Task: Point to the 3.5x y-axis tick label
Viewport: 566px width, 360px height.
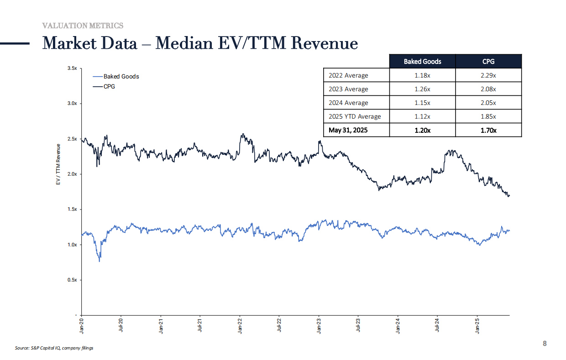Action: click(x=72, y=68)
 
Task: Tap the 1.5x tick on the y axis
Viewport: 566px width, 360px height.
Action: click(x=72, y=209)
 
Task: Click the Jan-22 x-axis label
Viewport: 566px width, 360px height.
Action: click(x=240, y=326)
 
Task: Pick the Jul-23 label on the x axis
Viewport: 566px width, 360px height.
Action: click(x=358, y=325)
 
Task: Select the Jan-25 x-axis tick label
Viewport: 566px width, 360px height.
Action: click(x=477, y=326)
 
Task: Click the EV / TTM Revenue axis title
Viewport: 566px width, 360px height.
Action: click(x=58, y=164)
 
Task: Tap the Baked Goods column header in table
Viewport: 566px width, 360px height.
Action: click(x=422, y=62)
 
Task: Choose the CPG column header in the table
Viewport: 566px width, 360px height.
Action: click(x=488, y=62)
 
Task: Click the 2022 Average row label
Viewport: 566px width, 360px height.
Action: click(x=348, y=75)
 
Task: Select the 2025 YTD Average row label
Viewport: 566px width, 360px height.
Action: click(x=355, y=116)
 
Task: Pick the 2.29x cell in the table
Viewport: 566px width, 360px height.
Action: click(x=488, y=75)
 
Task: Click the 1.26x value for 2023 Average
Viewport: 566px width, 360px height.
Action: click(x=422, y=89)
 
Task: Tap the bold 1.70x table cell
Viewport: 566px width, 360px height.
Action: click(x=488, y=130)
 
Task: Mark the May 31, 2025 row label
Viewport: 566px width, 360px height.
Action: click(x=348, y=130)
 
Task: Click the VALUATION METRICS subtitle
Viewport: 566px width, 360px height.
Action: click(x=83, y=26)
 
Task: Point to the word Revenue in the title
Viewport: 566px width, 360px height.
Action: click(x=325, y=43)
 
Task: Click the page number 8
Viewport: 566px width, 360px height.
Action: click(x=545, y=343)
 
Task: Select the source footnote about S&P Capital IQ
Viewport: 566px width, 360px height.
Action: click(x=54, y=348)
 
